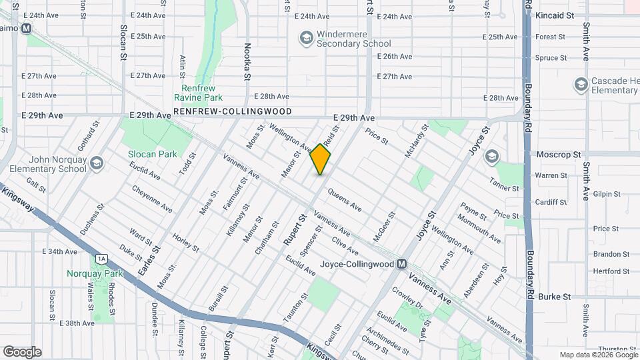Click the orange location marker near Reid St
(321, 159)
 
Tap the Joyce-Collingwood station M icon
(401, 263)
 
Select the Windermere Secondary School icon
(306, 38)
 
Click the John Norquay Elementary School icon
(97, 163)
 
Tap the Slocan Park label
(153, 154)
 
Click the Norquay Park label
(95, 273)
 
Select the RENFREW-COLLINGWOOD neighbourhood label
(233, 111)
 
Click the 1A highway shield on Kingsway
(101, 258)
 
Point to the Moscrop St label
(556, 154)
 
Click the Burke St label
(555, 296)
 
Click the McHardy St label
(415, 142)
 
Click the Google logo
(22, 351)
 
